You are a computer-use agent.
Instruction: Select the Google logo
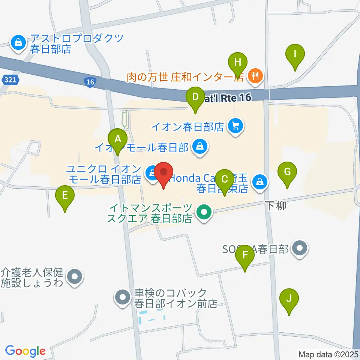[25, 351]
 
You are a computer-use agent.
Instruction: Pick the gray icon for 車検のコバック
[122, 298]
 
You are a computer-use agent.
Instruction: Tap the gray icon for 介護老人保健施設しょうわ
[75, 277]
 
